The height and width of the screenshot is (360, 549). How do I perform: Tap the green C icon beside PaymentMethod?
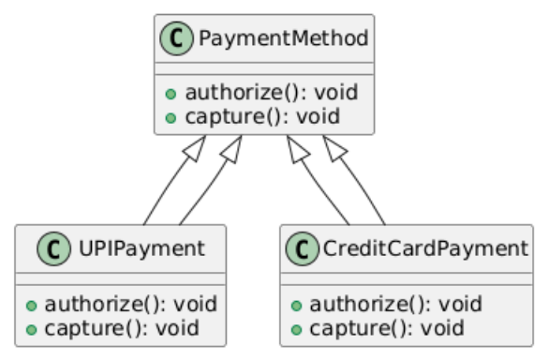click(173, 39)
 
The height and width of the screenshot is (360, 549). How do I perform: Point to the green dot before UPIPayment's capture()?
click(32, 329)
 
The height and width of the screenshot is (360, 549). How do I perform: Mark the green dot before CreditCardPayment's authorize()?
click(297, 305)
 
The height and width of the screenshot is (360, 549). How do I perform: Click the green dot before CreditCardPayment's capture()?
click(297, 329)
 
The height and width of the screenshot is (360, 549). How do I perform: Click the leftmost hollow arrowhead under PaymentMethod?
click(196, 147)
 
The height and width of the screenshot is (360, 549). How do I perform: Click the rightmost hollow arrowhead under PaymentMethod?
click(334, 147)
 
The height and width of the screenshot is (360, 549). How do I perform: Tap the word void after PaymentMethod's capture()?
click(317, 117)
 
